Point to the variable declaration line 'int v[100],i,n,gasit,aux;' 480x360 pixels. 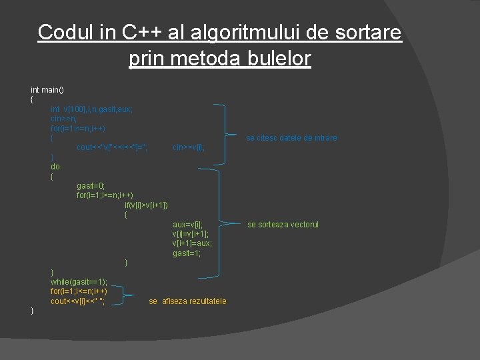click(91, 109)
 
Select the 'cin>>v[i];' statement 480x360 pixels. click(189, 147)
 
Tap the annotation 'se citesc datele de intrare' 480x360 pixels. click(291, 138)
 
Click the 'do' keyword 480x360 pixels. click(55, 167)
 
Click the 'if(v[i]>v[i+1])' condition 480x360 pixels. click(146, 205)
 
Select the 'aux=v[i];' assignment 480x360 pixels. click(187, 225)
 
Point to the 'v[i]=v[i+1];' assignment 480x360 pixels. click(191, 234)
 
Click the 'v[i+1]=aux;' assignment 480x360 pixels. click(192, 243)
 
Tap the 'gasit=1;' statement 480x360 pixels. click(187, 253)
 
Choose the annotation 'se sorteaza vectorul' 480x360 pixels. click(283, 225)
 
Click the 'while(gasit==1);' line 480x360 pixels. click(79, 282)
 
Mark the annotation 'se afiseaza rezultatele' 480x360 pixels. click(187, 301)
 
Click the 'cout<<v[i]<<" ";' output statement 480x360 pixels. click(77, 301)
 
